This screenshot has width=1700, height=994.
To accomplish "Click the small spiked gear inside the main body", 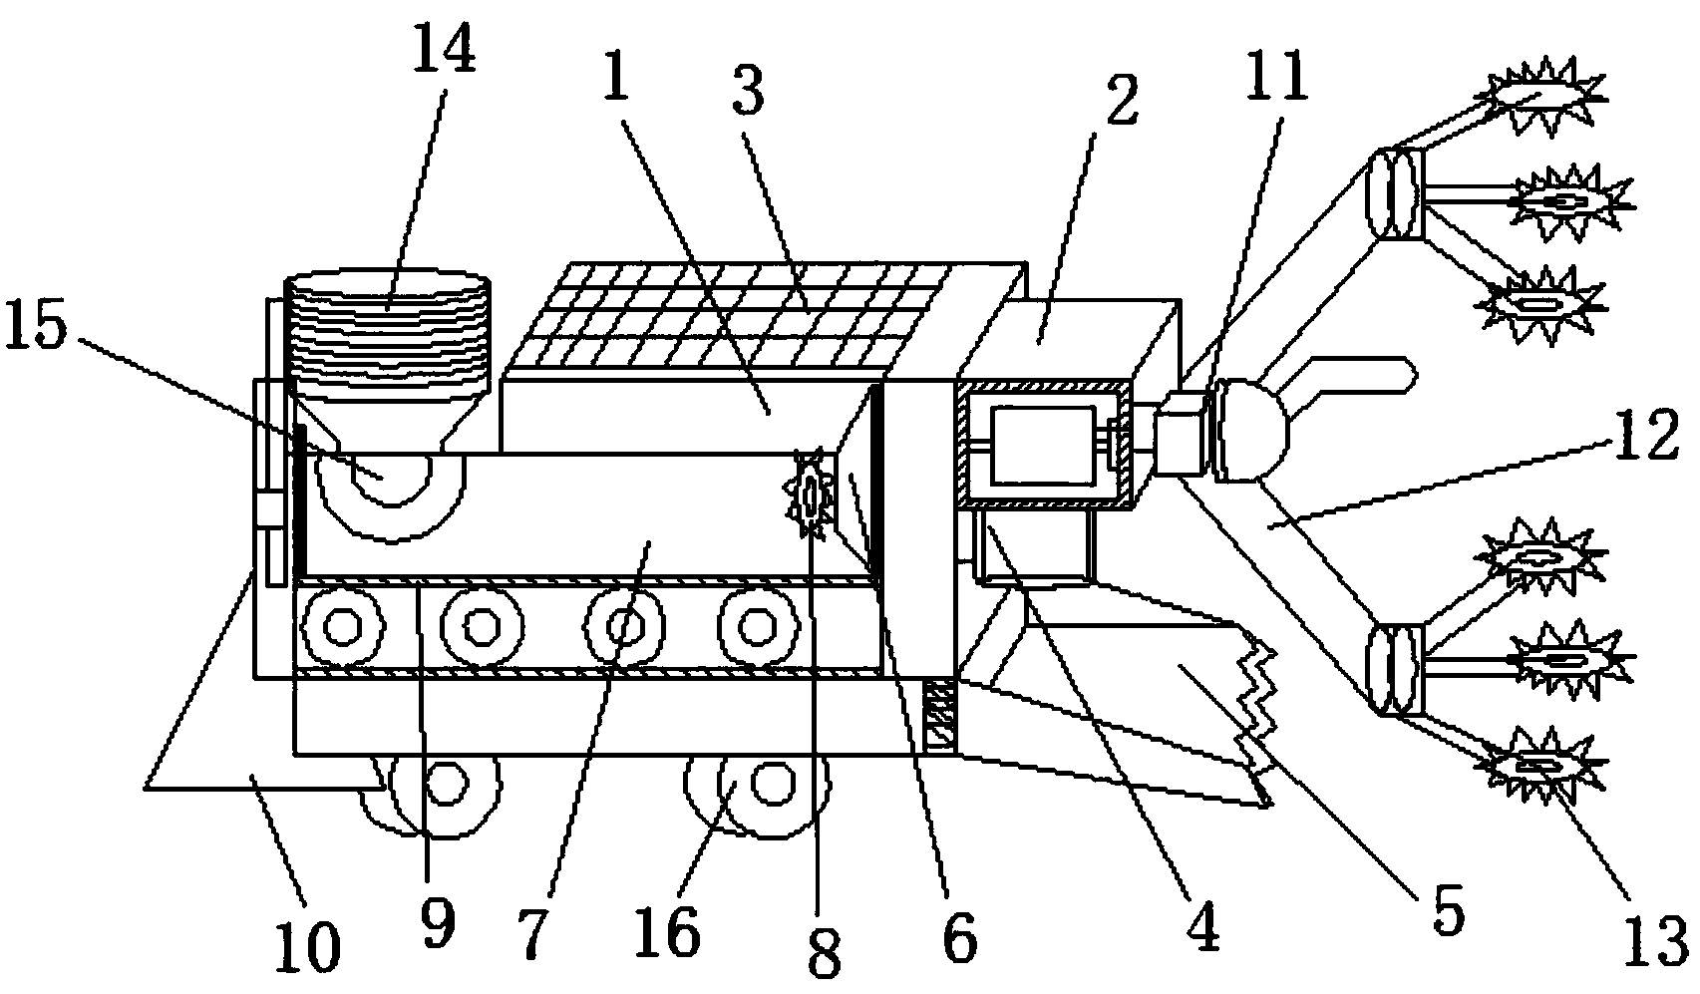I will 813,495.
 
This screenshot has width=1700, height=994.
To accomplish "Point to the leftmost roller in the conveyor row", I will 344,626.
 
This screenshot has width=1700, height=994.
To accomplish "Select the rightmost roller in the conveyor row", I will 758,626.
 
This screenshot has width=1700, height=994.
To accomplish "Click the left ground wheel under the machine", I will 444,786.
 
